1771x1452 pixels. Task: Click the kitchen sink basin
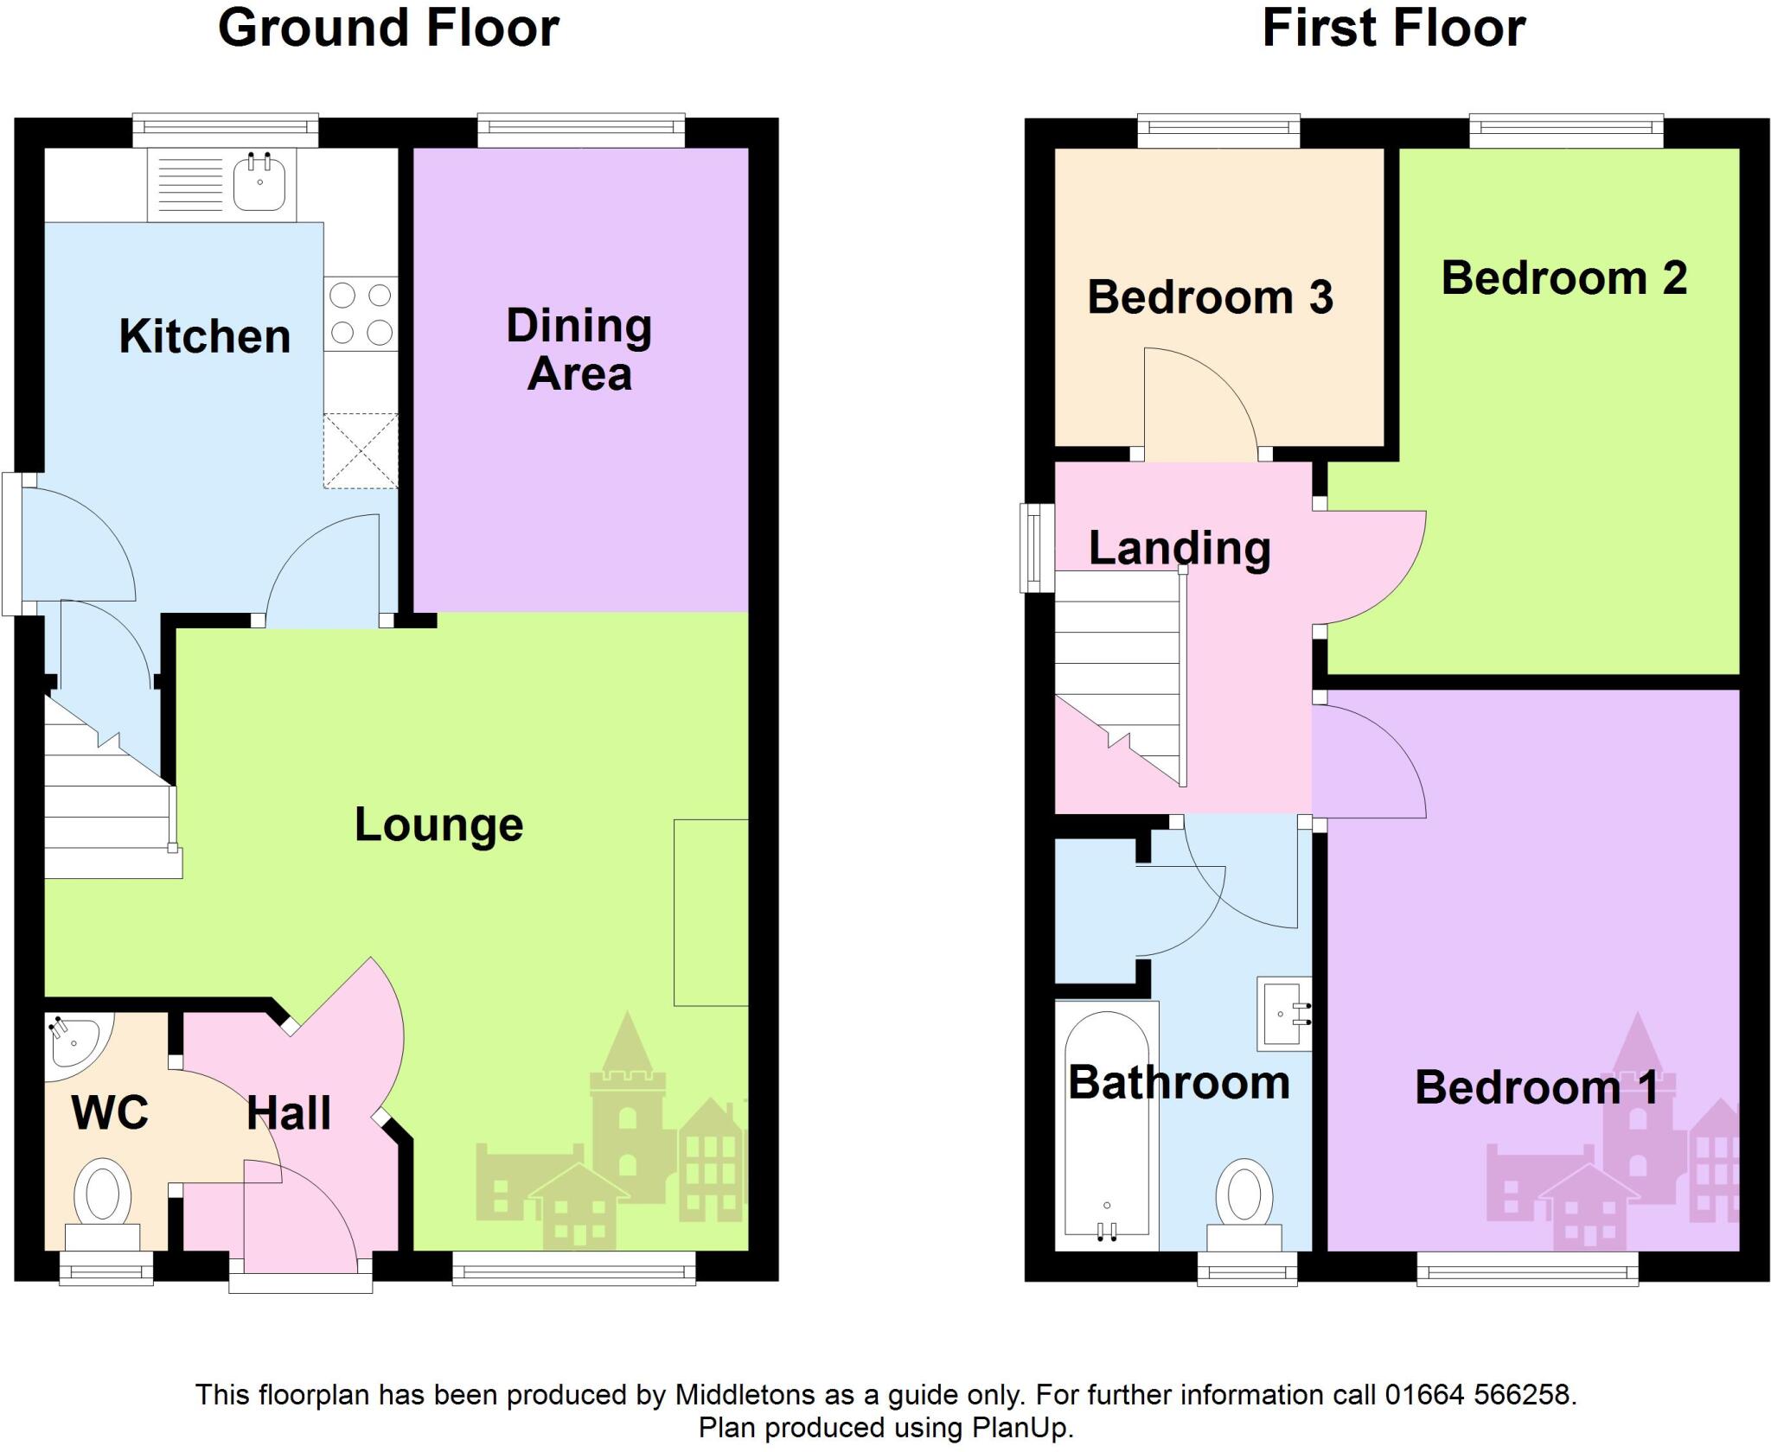click(259, 183)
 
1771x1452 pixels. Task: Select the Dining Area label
click(579, 350)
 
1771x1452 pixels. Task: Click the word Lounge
click(438, 825)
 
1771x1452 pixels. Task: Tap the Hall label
click(289, 1113)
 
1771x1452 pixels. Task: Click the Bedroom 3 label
click(1210, 297)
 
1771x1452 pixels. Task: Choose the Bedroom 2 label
click(1563, 278)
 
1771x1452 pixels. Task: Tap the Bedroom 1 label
click(1537, 1087)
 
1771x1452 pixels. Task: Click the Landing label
click(1180, 548)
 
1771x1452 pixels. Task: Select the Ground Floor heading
click(388, 28)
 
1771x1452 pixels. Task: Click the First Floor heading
click(1393, 28)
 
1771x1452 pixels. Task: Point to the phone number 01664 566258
click(1480, 1394)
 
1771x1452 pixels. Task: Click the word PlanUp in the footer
click(1021, 1428)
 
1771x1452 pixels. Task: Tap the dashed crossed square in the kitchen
click(361, 451)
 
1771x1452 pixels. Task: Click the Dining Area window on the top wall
click(581, 131)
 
